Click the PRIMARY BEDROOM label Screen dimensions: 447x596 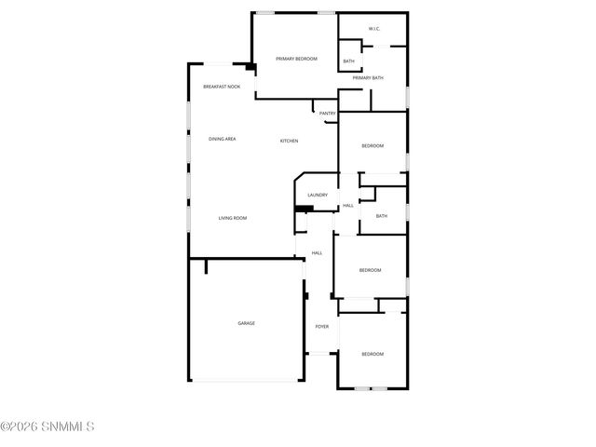296,59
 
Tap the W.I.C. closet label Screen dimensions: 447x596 373,29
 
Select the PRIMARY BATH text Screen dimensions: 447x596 368,78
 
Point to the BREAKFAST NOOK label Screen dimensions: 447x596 222,87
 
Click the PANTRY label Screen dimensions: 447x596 327,114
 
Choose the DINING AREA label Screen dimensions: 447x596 222,139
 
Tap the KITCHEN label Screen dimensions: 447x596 290,141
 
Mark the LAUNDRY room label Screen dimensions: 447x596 317,195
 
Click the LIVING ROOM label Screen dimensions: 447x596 233,218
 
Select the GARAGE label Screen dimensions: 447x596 246,323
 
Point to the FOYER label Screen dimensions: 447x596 321,327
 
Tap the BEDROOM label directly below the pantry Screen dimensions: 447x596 372,146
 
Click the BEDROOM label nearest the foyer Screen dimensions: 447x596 372,354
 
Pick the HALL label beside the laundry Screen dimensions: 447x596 347,206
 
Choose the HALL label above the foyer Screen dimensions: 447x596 317,253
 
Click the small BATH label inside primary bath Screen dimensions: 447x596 348,61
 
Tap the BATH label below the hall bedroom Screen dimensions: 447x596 381,217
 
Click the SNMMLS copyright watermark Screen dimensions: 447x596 47,427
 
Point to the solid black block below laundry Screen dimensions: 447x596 301,209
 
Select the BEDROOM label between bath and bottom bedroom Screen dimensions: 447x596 371,270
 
